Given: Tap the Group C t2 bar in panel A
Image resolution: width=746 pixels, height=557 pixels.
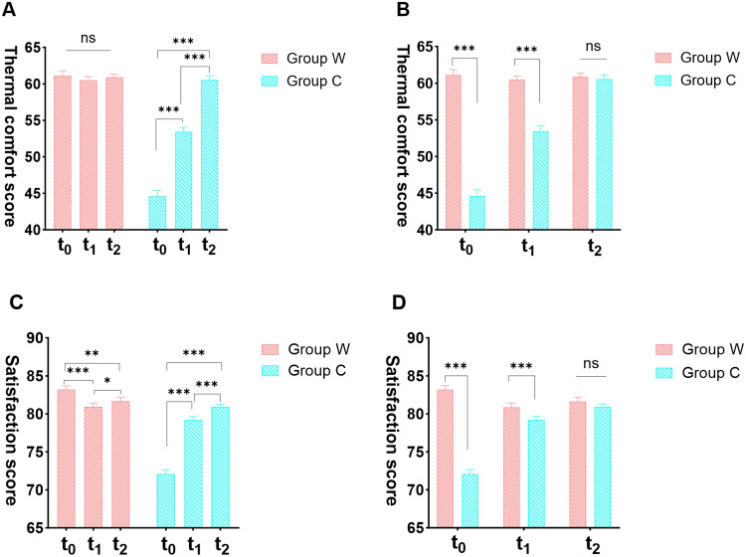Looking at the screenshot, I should [x=209, y=155].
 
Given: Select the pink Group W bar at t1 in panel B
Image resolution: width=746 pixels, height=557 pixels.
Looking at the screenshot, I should [x=516, y=154].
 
